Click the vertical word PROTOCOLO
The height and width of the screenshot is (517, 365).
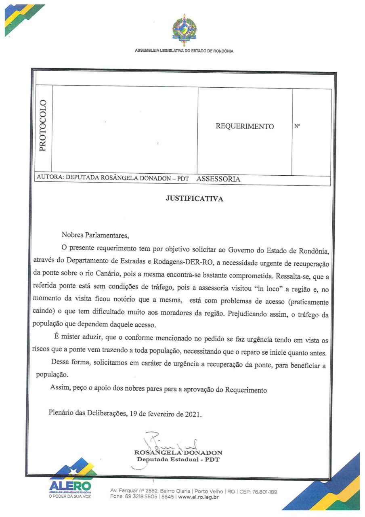(x=42, y=125)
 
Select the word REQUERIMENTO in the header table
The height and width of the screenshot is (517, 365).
(x=245, y=126)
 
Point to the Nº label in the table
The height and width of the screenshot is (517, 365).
(x=298, y=126)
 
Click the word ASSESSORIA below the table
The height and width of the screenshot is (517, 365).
(x=218, y=179)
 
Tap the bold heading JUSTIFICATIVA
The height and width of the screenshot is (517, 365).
(x=194, y=199)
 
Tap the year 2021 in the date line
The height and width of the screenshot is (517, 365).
(x=193, y=414)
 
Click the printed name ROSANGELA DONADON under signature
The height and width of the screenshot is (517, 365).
(x=178, y=452)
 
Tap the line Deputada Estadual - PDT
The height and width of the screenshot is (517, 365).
(x=178, y=460)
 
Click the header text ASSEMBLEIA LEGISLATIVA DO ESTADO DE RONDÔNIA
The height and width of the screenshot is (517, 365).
(x=184, y=51)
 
